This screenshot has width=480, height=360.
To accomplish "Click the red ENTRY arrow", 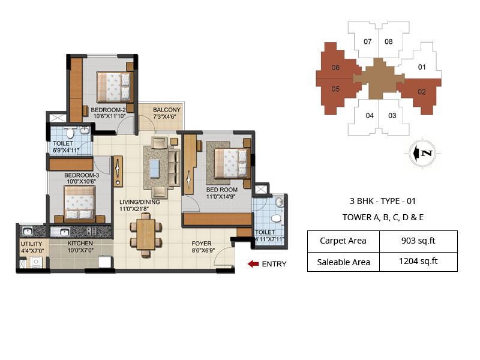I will (x=253, y=263).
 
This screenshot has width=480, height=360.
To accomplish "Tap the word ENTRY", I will (x=274, y=264).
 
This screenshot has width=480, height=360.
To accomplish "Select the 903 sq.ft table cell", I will (x=419, y=241).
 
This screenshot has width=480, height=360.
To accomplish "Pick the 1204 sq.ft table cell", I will (x=419, y=261).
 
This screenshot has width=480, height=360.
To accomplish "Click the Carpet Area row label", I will (x=343, y=241).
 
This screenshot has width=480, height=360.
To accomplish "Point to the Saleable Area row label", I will (x=343, y=262).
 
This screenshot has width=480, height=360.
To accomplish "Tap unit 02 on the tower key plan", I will (x=422, y=92).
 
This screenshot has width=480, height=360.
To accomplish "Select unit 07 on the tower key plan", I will (x=368, y=41).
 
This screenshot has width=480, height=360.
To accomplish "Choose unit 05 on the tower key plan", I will (x=335, y=89).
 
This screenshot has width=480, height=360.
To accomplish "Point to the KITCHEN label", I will (x=80, y=243).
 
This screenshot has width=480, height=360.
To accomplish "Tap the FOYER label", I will (x=201, y=244).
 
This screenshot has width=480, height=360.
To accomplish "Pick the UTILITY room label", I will (x=31, y=244).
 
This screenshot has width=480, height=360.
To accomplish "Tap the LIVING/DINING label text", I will (x=139, y=202).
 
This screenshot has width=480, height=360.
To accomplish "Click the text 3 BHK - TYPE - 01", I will (x=382, y=202).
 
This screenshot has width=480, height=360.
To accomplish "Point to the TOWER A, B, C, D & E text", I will (x=382, y=217).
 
